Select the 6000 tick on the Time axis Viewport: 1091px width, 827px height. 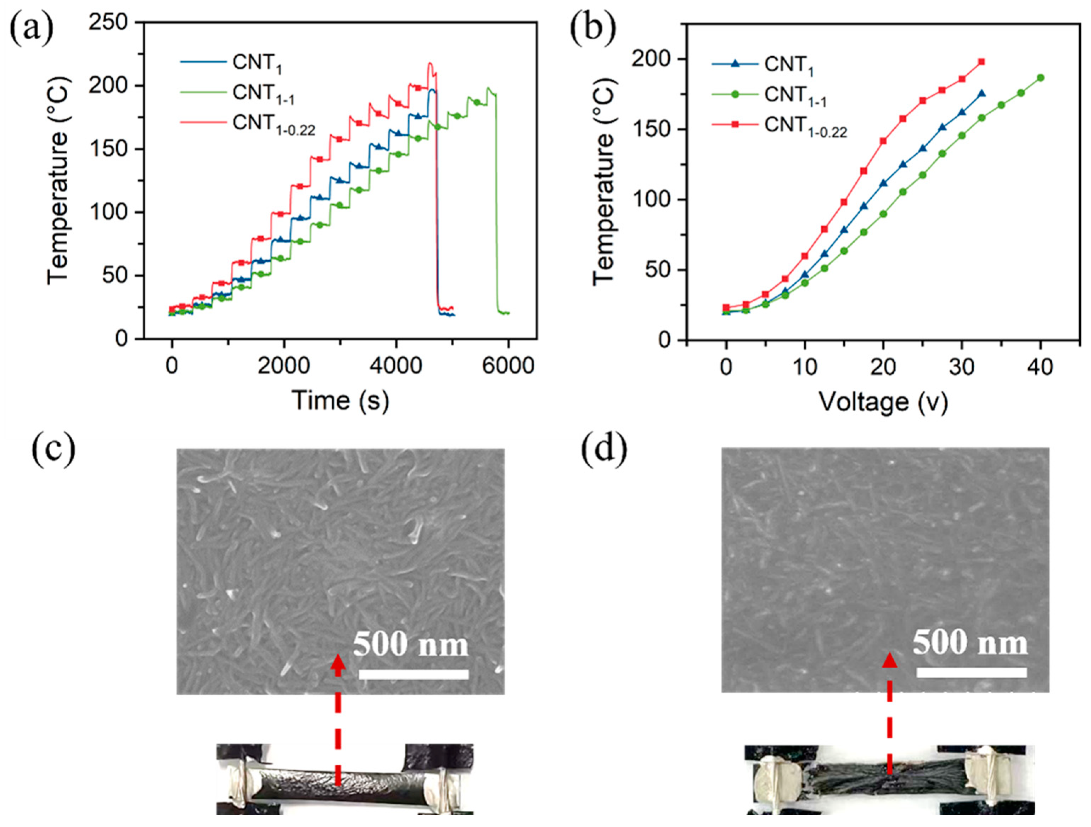pyautogui.click(x=508, y=366)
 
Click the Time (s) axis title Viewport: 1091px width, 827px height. pyautogui.click(x=340, y=400)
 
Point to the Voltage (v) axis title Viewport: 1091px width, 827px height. pyautogui.click(x=883, y=402)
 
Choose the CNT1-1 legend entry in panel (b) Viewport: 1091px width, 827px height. pyautogui.click(x=795, y=95)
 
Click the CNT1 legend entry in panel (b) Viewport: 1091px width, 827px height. pyautogui.click(x=788, y=64)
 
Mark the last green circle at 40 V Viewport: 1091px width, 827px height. pyautogui.click(x=1041, y=78)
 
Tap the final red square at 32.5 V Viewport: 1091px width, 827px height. pyautogui.click(x=982, y=62)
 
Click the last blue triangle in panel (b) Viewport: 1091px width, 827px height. pyautogui.click(x=982, y=93)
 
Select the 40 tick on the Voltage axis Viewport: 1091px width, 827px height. pyautogui.click(x=1041, y=367)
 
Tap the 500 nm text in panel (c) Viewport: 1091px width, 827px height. pyautogui.click(x=410, y=645)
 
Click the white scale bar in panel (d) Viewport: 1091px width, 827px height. pyautogui.click(x=971, y=673)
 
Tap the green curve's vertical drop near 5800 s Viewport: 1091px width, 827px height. pyautogui.click(x=497, y=207)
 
